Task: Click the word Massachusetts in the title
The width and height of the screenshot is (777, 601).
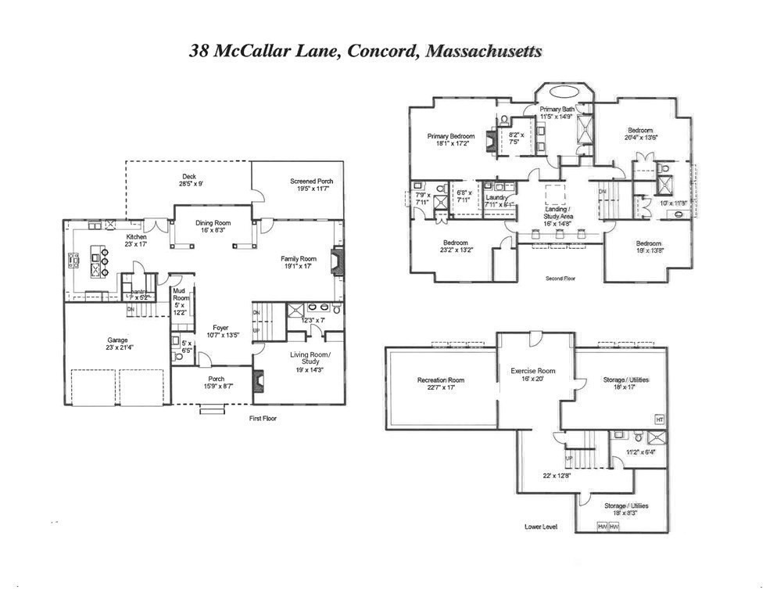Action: pos(482,52)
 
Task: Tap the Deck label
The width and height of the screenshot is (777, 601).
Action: pos(189,177)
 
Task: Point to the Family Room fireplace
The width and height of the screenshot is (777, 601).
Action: pos(336,261)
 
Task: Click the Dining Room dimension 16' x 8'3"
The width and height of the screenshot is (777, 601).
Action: pos(212,231)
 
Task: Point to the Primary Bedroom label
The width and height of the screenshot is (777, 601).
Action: pos(450,136)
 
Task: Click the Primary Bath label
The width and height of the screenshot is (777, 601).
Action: pos(557,109)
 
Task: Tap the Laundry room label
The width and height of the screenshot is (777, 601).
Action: pos(496,197)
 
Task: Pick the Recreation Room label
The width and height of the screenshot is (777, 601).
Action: pos(440,380)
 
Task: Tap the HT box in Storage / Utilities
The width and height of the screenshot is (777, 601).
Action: pos(659,420)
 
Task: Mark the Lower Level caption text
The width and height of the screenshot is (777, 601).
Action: pos(540,527)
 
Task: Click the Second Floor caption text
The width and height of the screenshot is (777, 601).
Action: pos(560,278)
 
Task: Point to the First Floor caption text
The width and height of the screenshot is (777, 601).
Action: pos(263,418)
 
